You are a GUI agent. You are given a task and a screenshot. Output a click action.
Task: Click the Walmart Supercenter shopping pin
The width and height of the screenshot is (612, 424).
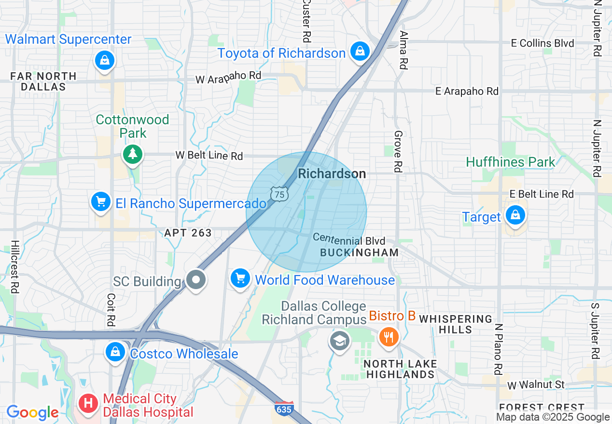click(x=104, y=61)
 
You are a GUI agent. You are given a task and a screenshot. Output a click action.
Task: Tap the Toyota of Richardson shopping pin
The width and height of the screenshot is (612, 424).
click(x=360, y=51)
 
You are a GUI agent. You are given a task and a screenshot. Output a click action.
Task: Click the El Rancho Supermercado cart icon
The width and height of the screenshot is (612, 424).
click(x=101, y=201)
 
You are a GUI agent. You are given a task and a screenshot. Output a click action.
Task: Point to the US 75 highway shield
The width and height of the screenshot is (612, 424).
click(x=279, y=194)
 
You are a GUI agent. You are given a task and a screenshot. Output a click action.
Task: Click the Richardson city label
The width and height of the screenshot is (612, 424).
click(x=332, y=174)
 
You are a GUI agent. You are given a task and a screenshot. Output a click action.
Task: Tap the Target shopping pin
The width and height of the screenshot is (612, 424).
click(x=515, y=215)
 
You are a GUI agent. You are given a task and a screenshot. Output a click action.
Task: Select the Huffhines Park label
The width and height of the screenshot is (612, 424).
click(x=511, y=162)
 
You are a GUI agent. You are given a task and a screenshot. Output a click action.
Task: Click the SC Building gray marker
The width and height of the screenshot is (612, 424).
click(x=196, y=279)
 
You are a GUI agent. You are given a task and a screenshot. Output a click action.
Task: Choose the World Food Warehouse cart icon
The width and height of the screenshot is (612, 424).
click(x=240, y=278)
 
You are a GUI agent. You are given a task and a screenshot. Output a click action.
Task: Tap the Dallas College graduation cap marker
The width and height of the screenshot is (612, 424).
click(x=339, y=341)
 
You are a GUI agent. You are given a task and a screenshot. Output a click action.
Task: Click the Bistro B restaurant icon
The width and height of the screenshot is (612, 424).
click(x=389, y=336)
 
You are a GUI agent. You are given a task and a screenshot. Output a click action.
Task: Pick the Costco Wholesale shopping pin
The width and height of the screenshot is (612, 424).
click(x=115, y=352)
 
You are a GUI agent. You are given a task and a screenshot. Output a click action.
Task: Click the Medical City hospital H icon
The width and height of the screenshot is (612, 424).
click(x=88, y=402)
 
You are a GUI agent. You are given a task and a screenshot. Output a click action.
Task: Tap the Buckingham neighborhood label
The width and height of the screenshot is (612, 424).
click(x=360, y=252)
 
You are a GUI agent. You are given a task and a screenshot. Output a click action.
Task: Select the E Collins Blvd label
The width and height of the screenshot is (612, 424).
click(x=543, y=43)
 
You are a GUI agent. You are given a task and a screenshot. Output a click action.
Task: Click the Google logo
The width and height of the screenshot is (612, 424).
click(x=32, y=412)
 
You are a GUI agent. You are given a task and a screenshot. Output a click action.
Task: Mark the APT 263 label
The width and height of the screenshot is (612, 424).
click(x=188, y=233)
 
